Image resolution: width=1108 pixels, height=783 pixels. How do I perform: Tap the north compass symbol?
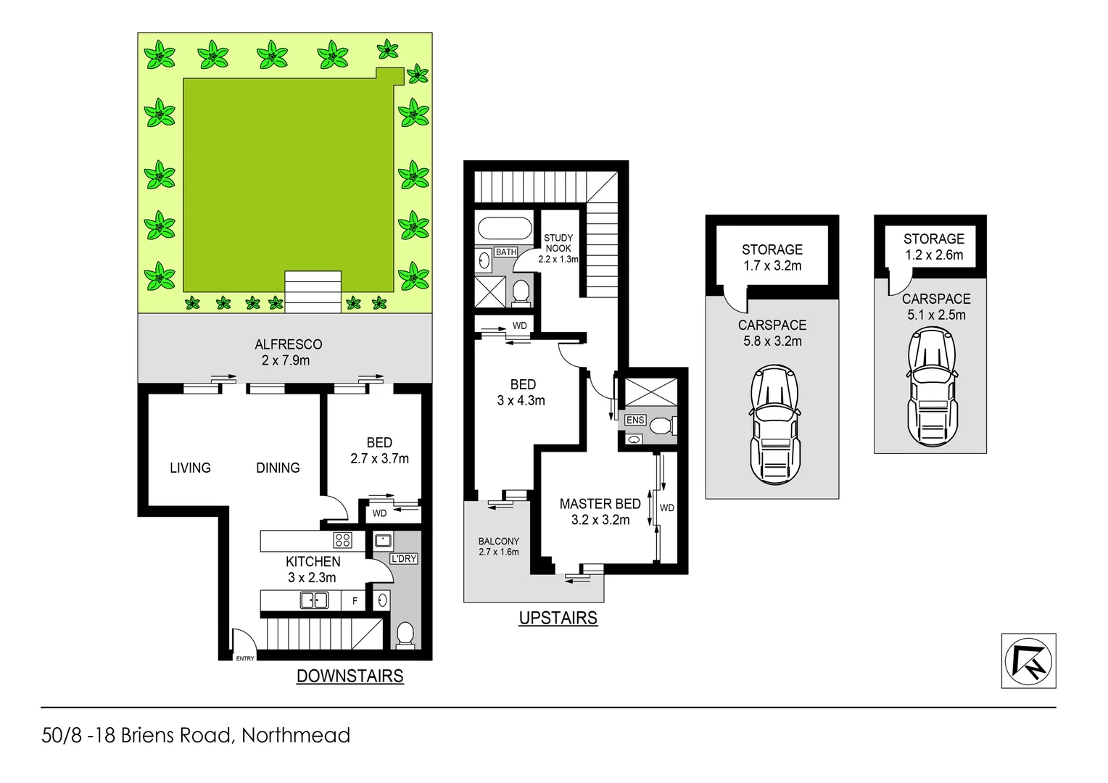(1028, 660)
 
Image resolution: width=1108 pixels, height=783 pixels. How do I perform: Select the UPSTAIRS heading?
(558, 618)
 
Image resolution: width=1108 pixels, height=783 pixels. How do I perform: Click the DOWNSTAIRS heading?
(350, 676)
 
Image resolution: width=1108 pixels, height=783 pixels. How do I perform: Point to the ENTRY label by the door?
(245, 658)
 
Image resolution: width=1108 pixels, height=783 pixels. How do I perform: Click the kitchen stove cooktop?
(342, 540)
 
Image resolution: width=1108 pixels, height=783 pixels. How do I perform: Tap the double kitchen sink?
(315, 600)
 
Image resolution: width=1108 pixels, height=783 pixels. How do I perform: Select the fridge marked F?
(355, 601)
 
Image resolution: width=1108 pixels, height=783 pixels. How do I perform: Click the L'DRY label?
(403, 559)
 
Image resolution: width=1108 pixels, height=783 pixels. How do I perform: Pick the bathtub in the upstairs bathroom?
(505, 228)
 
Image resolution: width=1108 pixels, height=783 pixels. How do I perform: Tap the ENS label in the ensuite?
(634, 420)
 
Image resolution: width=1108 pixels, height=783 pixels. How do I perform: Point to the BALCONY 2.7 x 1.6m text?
(498, 547)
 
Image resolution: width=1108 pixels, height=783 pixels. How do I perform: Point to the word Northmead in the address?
(296, 735)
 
